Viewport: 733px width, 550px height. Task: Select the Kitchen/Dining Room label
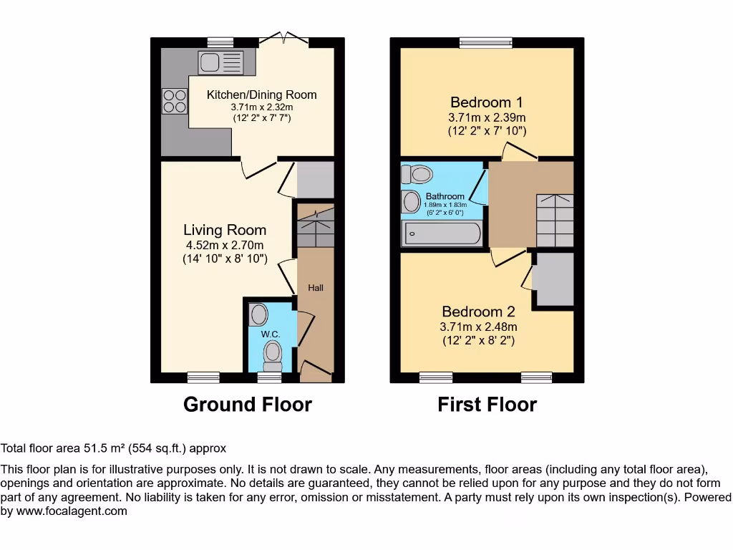pos(261,95)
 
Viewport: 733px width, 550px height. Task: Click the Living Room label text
pos(225,230)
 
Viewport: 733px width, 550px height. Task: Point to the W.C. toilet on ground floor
pos(273,353)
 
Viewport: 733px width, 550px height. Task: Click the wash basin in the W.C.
pos(259,314)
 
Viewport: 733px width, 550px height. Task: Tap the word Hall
pos(316,288)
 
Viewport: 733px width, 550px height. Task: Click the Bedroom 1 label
pos(481,102)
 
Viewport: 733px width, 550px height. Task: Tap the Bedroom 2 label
pos(478,312)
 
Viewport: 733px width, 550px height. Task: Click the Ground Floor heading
pos(248,405)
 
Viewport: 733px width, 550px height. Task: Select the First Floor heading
pos(487,405)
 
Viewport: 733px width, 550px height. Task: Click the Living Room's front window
pos(204,377)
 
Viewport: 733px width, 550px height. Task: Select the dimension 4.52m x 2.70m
pos(225,246)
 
